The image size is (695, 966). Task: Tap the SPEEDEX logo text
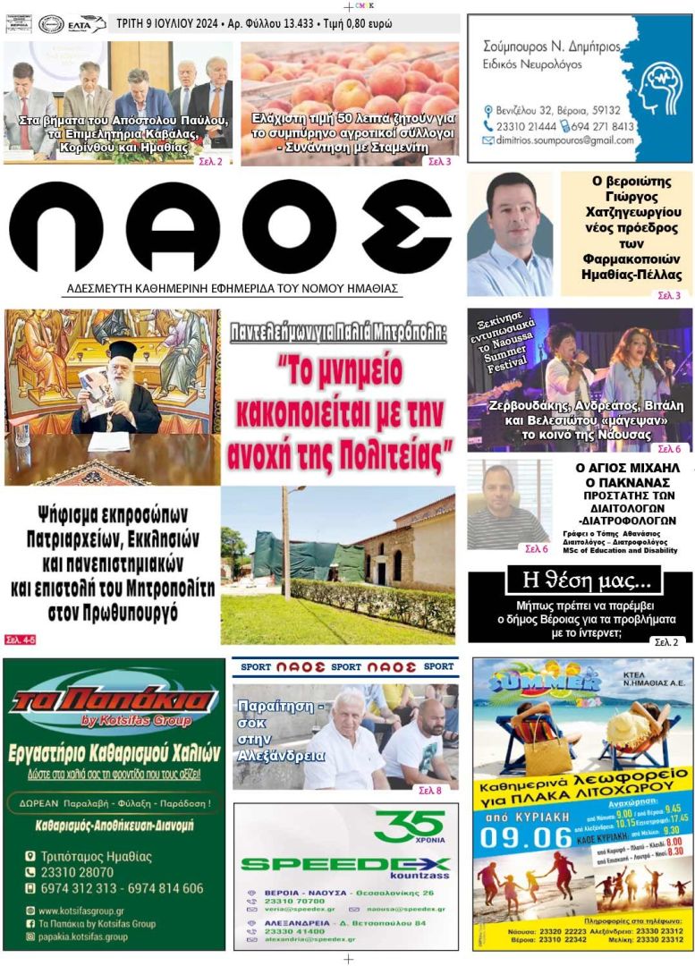pyautogui.click(x=344, y=864)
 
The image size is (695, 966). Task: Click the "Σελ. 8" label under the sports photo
pyautogui.click(x=430, y=791)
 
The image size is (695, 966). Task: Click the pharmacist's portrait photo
pyautogui.click(x=510, y=234)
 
